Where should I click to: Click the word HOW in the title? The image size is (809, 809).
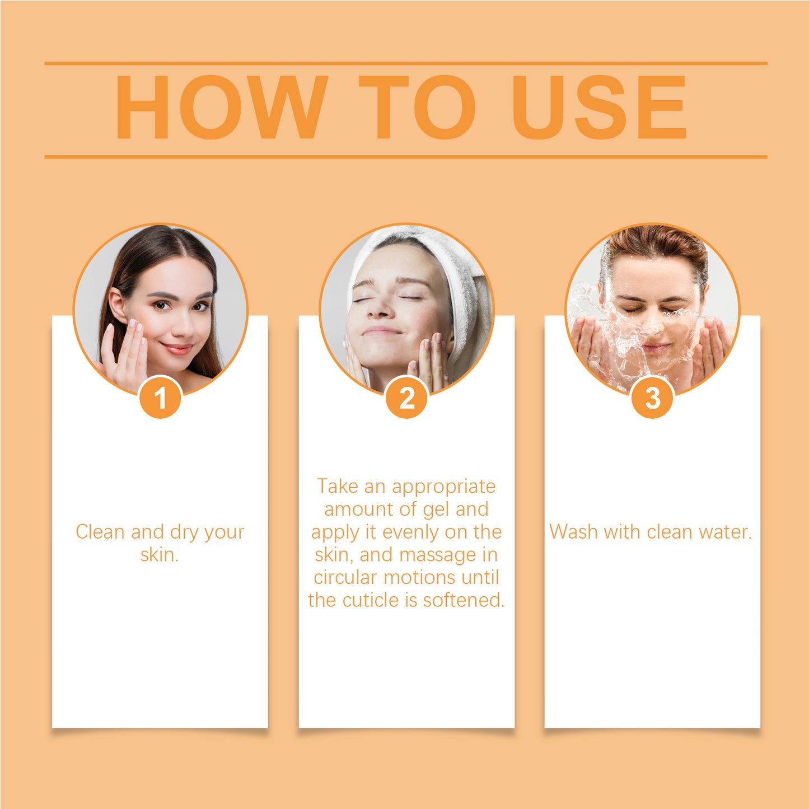[x=221, y=107]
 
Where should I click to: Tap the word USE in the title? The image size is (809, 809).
[x=599, y=107]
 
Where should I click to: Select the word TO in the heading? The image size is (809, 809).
[x=417, y=107]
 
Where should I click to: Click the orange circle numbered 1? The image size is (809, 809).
[x=160, y=397]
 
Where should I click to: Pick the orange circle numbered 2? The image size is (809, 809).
[x=406, y=397]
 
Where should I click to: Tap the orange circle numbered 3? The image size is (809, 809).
[x=652, y=397]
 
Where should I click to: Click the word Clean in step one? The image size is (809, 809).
[x=101, y=532]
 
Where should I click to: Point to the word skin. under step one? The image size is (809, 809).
[x=160, y=555]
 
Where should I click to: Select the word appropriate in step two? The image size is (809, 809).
[x=444, y=487]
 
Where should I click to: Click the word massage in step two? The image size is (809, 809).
[x=438, y=555]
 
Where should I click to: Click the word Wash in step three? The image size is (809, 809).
[x=574, y=532]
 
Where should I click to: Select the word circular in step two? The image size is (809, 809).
[x=346, y=577]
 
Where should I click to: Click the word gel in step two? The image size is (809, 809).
[x=436, y=510]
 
